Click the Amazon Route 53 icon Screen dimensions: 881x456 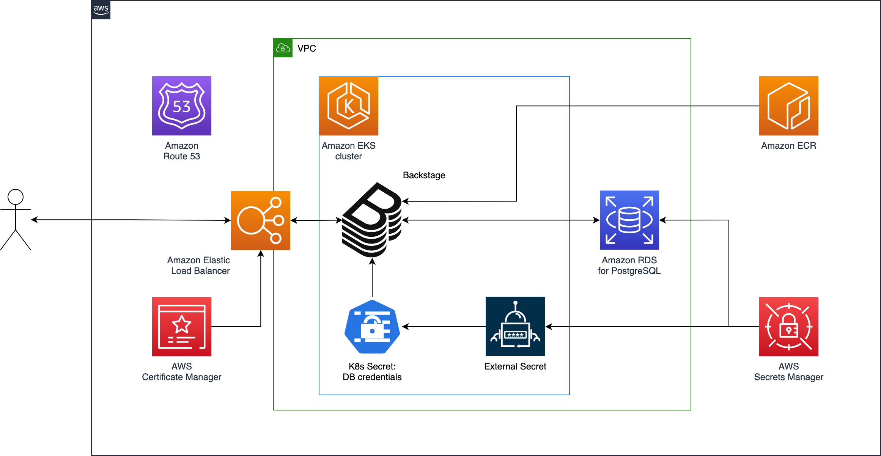(182, 106)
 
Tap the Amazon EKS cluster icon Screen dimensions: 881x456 (349, 106)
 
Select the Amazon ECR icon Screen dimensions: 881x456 (789, 106)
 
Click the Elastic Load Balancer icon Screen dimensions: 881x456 (261, 220)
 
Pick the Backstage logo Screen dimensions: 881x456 (372, 220)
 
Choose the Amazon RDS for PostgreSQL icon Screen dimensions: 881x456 (629, 220)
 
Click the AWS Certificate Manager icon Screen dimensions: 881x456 (182, 327)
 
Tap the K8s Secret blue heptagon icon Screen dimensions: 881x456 (372, 327)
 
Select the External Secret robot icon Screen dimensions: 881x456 (515, 326)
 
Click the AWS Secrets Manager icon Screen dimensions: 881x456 (789, 327)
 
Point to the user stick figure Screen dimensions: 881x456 (16, 220)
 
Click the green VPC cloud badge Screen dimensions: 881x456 (283, 48)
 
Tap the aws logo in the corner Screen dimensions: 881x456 (101, 10)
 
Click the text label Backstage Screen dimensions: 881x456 (424, 175)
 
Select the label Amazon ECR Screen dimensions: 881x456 (789, 146)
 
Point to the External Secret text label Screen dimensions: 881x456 (515, 366)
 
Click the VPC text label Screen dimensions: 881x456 (307, 49)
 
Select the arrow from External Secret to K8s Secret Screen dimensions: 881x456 (444, 327)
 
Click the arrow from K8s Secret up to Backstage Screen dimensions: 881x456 (372, 277)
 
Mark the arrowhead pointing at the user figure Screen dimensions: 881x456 (34, 220)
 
